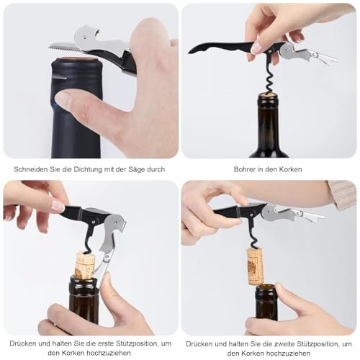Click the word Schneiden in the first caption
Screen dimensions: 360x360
[32, 169]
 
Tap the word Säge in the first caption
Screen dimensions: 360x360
[135, 169]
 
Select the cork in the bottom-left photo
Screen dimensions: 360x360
[84, 265]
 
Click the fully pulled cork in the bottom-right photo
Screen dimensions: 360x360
[255, 265]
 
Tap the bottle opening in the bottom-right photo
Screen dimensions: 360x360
[267, 288]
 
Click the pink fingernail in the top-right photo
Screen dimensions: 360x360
[257, 48]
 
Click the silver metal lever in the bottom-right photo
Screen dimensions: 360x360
[292, 213]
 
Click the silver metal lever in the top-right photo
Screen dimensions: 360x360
[306, 53]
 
